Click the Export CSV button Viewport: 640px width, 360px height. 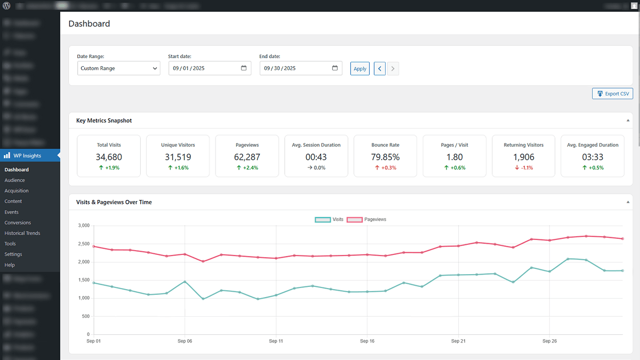612,94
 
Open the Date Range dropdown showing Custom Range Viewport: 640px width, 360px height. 118,68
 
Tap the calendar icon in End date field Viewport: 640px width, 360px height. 335,68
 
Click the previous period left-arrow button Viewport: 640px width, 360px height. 380,68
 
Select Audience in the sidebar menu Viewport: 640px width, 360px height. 15,180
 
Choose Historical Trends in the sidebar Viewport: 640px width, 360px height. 22,233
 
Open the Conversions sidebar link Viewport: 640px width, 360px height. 18,222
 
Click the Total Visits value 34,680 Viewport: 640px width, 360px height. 109,157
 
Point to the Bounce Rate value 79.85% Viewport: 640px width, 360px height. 385,157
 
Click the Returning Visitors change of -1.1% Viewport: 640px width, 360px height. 523,167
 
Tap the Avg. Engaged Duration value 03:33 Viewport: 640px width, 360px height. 592,157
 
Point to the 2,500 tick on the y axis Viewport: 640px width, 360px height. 82,244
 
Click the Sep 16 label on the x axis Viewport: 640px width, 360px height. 367,340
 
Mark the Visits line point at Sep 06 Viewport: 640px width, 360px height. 185,282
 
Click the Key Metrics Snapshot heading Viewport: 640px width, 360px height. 104,121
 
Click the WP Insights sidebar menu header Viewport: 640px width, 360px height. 27,156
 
